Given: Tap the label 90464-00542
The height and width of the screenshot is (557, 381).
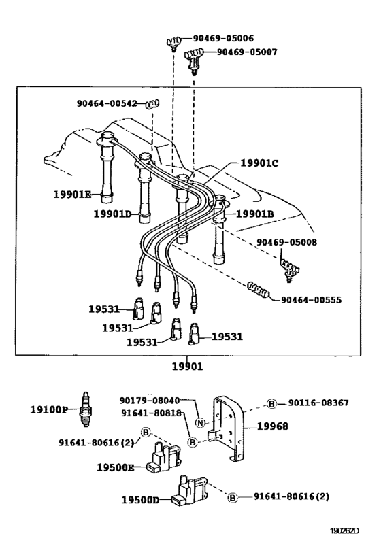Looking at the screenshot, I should (x=106, y=103).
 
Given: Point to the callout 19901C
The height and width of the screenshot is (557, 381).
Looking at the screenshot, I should (x=259, y=163).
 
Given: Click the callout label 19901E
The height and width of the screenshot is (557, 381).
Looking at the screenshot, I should (x=72, y=194).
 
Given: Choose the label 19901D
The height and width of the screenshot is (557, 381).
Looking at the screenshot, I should (x=112, y=214).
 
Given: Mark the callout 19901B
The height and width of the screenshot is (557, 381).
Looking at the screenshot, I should (x=254, y=214).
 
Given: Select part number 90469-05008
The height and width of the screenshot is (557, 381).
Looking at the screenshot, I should (x=286, y=242).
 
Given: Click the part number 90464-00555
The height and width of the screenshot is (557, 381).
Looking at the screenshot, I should (x=311, y=299).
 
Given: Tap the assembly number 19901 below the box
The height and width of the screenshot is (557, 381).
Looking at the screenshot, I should (x=186, y=366).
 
